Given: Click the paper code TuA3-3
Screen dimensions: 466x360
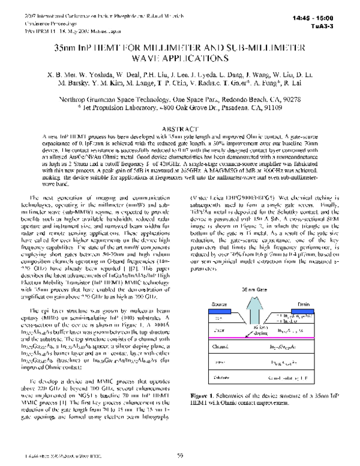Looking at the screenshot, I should click(x=339, y=26).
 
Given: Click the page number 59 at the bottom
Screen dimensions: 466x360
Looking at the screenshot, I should click(x=180, y=456).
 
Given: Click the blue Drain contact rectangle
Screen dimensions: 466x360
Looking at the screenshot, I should click(x=301, y=310).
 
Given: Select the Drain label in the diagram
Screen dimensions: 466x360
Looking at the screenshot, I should click(x=302, y=303).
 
